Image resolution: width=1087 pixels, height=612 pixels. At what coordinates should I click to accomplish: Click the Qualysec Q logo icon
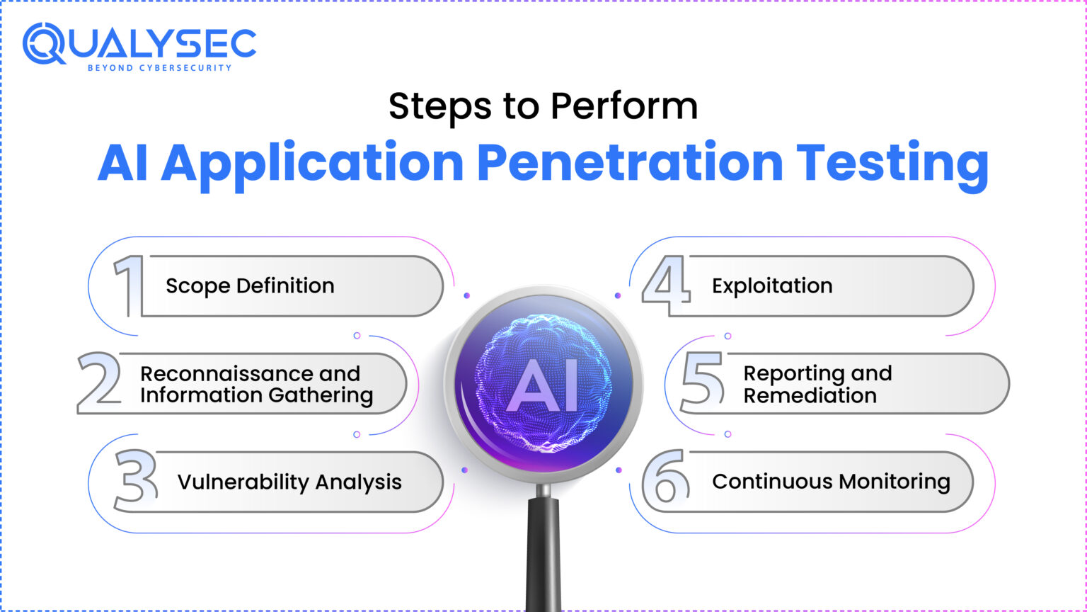(45, 43)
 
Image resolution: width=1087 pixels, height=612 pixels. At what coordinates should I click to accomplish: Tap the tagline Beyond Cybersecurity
(159, 68)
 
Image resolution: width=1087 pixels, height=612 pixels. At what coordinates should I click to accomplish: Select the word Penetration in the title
(629, 163)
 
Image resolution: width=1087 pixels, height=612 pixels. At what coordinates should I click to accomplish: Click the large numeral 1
(128, 286)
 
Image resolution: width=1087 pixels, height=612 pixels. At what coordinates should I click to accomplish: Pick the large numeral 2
(99, 383)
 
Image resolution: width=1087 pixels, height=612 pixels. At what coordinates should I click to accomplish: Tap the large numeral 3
(135, 481)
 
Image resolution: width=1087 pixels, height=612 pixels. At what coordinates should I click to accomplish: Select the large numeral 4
(665, 286)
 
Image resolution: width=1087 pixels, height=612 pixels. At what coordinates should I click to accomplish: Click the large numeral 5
(701, 383)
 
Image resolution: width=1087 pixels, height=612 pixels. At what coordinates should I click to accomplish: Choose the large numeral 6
(665, 481)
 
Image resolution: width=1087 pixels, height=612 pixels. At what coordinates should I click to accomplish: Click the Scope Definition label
(250, 286)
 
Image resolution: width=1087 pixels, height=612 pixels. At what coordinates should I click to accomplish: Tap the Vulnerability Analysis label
(289, 482)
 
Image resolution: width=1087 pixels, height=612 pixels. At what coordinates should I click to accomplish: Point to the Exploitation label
(772, 286)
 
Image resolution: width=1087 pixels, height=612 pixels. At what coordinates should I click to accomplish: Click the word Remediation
(810, 395)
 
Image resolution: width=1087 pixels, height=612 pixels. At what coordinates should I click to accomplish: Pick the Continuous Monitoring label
(831, 482)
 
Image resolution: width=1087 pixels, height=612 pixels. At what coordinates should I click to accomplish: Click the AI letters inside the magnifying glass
(543, 388)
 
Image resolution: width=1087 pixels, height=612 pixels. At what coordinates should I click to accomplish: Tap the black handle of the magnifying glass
(543, 552)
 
